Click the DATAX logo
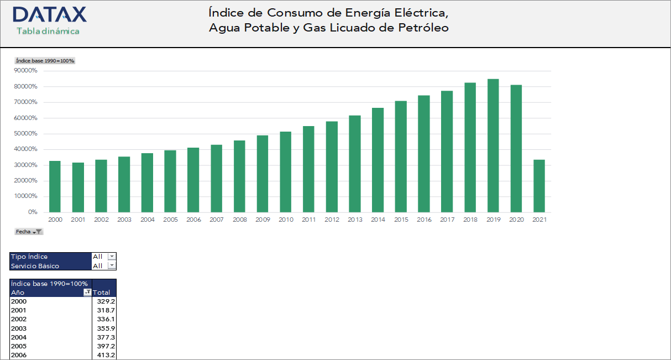(49, 15)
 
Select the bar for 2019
(492, 145)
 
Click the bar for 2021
(538, 186)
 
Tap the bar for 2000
(55, 186)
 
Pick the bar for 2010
(285, 171)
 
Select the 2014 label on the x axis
(378, 220)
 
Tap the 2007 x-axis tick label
(216, 220)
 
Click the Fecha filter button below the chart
(29, 232)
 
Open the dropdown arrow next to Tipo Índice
(112, 257)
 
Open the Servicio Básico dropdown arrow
(112, 265)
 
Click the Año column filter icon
(87, 293)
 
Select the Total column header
(102, 293)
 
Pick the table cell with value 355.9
(106, 328)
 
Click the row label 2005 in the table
(19, 346)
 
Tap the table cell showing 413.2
(106, 355)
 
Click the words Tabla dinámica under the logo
(48, 31)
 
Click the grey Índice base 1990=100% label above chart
(45, 61)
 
